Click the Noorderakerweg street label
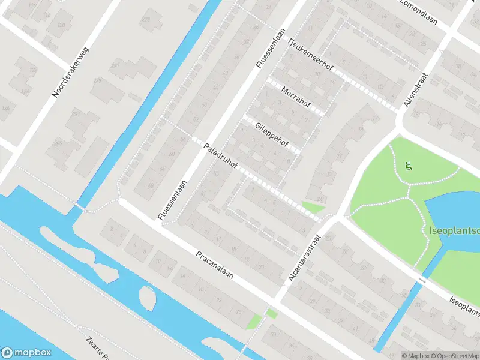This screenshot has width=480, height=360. (71, 73)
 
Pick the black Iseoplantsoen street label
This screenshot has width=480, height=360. (465, 306)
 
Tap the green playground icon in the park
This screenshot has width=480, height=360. (409, 166)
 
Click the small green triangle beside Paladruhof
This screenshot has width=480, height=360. (312, 208)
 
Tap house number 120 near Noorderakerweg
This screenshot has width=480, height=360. (61, 25)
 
